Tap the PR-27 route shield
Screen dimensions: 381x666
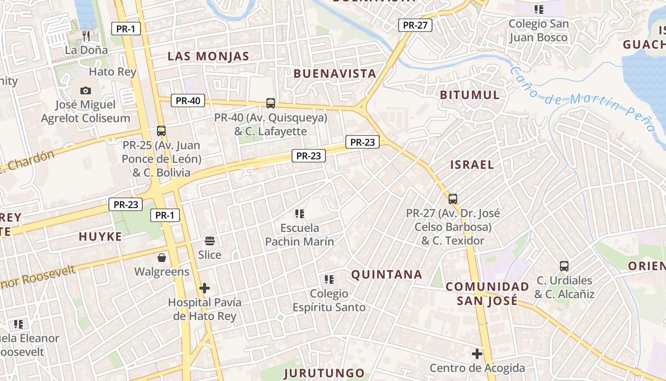pos(415,25)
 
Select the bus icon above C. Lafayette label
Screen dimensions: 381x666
pos(271,103)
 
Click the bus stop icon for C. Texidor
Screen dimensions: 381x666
pos(453,199)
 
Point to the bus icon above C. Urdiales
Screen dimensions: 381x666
pos(564,266)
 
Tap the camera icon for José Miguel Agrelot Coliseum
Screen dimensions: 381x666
pos(86,90)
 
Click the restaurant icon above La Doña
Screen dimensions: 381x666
pos(86,36)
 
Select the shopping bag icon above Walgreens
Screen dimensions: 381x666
pos(162,258)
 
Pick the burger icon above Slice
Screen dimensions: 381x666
pos(210,241)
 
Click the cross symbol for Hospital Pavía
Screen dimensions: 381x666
pos(205,288)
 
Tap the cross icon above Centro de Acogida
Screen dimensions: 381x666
pos(477,354)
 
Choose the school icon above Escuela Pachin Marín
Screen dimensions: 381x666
pos(299,214)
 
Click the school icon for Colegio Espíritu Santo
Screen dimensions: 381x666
pos(329,280)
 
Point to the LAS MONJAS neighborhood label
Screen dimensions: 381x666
pos(208,56)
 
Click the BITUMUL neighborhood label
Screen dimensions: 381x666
pos(470,95)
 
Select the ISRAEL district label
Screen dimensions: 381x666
pos(472,165)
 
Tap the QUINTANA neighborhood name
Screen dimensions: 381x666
pos(387,274)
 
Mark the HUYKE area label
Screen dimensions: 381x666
pos(100,236)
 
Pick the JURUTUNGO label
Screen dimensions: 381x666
pos(324,373)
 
